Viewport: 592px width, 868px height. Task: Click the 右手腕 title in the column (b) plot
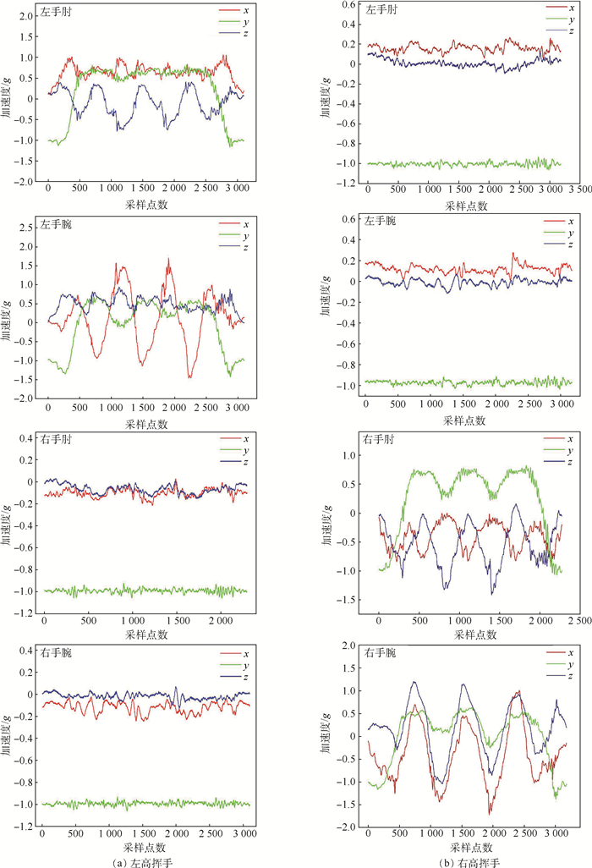[x=385, y=653]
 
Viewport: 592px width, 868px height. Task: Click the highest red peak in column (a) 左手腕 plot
[x=168, y=259]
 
